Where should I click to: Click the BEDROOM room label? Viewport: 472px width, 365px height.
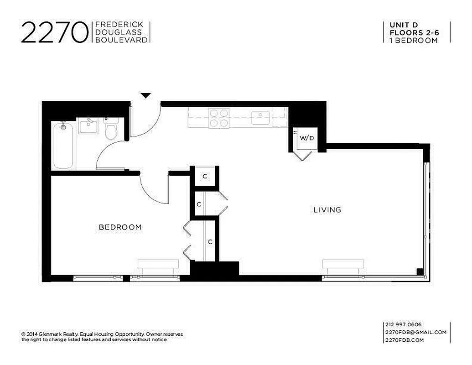point(120,227)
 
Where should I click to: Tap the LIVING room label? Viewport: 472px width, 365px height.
point(327,210)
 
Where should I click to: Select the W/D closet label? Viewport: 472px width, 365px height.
point(306,138)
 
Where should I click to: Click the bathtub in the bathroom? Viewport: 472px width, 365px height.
point(63,145)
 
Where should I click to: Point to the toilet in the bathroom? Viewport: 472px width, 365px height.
point(111,129)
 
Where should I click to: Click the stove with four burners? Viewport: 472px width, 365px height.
point(219,118)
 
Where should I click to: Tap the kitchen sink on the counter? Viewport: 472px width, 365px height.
point(261,118)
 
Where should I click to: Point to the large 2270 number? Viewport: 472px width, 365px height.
point(54,32)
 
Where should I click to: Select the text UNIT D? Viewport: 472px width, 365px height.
point(404,25)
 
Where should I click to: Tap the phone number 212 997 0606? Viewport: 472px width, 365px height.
point(404,324)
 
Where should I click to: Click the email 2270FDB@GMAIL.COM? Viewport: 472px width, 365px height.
point(416,332)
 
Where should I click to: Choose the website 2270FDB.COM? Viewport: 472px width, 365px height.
point(405,340)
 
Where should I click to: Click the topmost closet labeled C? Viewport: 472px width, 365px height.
point(205,177)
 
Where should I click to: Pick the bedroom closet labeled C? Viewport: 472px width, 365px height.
point(210,241)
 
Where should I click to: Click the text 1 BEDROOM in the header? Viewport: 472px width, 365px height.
point(414,40)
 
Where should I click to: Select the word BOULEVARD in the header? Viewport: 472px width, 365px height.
point(121,40)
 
